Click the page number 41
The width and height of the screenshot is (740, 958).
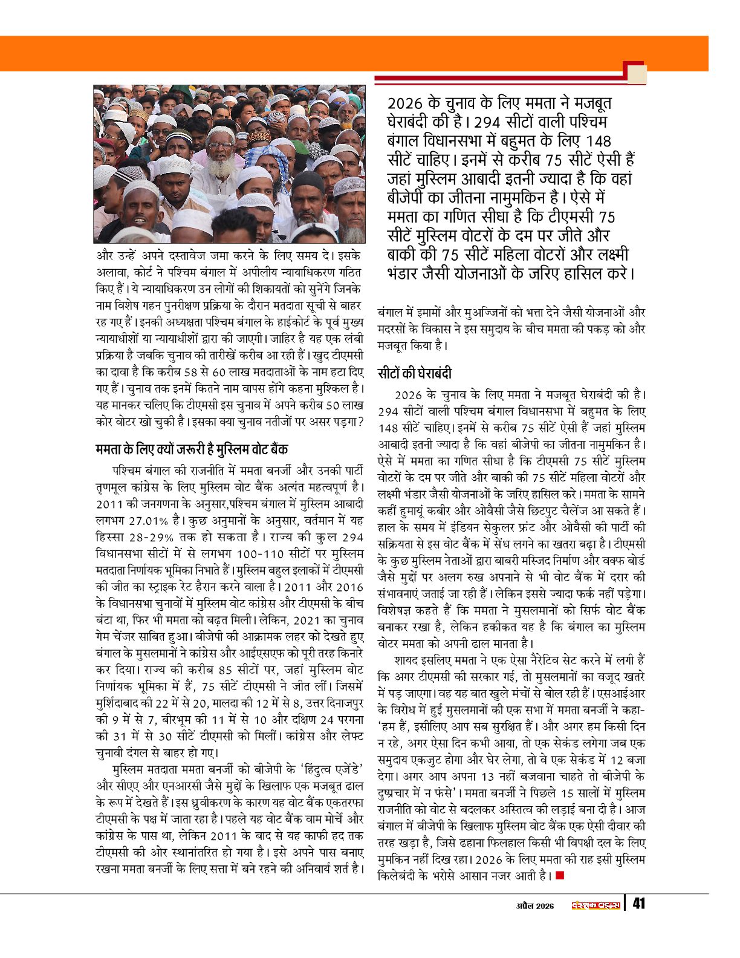coord(638,904)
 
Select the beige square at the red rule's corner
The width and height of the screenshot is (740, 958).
coord(637,74)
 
